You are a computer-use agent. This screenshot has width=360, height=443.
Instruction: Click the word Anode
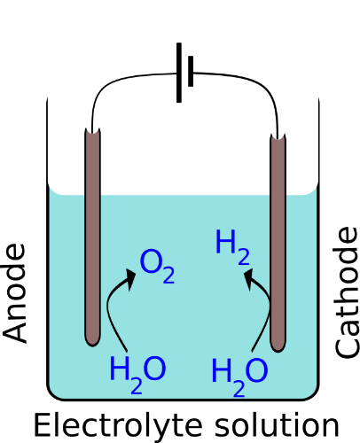(x=14, y=294)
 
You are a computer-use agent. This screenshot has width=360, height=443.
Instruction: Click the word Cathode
(x=347, y=292)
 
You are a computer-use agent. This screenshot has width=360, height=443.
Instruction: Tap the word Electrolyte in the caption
(x=118, y=426)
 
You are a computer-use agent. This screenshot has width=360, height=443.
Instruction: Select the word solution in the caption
(x=277, y=425)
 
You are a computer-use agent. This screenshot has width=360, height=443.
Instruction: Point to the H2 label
(x=233, y=247)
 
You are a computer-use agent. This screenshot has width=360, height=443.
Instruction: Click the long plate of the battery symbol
(x=179, y=73)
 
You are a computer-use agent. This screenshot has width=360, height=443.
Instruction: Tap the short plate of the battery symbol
(x=191, y=71)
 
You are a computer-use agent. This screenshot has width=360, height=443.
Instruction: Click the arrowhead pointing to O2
(x=130, y=279)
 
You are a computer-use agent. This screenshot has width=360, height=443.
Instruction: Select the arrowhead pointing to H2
(x=250, y=279)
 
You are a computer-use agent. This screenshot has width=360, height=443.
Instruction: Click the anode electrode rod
(x=93, y=237)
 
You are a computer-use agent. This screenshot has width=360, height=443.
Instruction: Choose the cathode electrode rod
(x=278, y=243)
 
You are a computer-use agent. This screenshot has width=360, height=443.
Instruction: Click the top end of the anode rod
(x=93, y=130)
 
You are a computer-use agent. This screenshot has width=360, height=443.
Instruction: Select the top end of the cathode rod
(x=278, y=136)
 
